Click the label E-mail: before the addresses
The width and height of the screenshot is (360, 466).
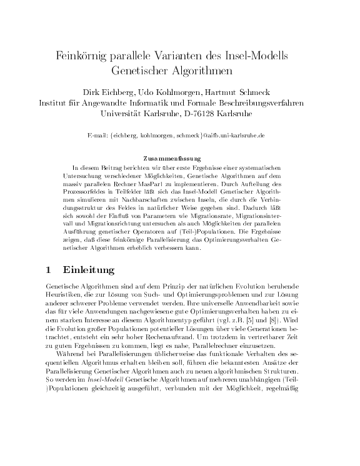(100, 135)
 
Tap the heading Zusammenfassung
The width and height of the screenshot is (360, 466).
(180, 158)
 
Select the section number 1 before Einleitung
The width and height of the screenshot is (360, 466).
(49, 270)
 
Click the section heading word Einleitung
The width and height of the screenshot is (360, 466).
(89, 270)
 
